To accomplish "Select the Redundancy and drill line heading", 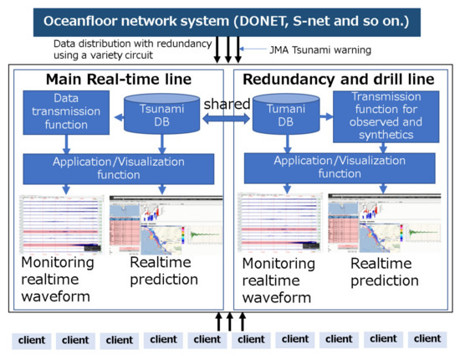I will click(342, 80).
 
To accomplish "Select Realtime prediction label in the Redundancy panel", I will click(385, 271).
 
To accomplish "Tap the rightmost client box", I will click(427, 339).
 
